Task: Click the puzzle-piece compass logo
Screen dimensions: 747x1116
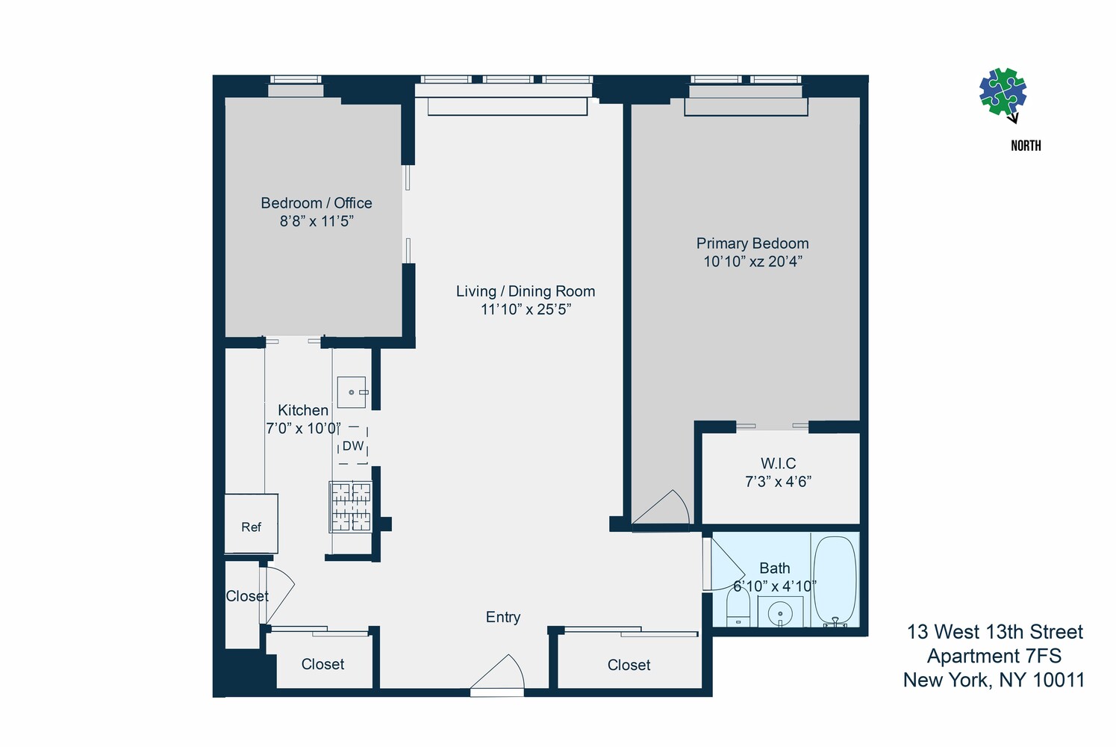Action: (x=1003, y=93)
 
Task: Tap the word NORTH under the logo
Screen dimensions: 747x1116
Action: (x=1026, y=146)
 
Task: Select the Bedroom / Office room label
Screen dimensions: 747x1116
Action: (x=316, y=203)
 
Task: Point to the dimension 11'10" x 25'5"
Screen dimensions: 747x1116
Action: (x=526, y=309)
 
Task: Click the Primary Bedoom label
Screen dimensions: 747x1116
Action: (x=752, y=244)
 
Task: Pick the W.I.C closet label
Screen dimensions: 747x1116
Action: (x=778, y=463)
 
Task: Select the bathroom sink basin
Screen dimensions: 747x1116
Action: (x=780, y=613)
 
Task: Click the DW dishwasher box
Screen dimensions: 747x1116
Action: (x=353, y=446)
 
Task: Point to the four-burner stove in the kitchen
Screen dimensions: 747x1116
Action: (x=351, y=506)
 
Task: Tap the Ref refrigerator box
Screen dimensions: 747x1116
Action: (x=252, y=526)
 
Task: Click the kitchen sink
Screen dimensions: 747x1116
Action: (x=352, y=392)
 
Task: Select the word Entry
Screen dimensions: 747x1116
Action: (x=502, y=617)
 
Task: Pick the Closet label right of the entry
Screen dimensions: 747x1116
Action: (x=629, y=665)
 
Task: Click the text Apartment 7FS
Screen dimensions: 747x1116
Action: (x=994, y=656)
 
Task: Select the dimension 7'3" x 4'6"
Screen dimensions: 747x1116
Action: (x=778, y=482)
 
